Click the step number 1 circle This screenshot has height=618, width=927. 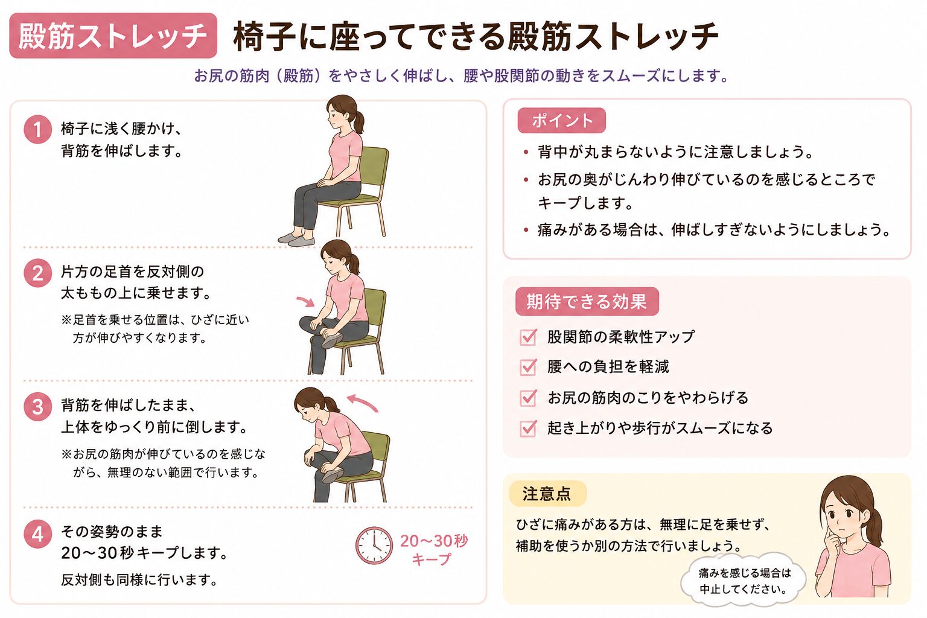click(x=37, y=130)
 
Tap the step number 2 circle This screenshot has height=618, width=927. click(x=37, y=273)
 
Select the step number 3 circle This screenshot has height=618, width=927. click(x=37, y=407)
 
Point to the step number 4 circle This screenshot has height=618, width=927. click(x=37, y=534)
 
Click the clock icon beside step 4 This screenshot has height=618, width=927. click(x=374, y=545)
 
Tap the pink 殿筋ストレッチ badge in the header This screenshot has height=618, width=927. click(x=113, y=36)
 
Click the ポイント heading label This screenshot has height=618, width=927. click(x=562, y=121)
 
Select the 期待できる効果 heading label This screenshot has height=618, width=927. click(x=587, y=301)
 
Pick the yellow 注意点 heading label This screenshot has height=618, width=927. click(x=547, y=494)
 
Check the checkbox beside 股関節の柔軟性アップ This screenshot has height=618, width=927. click(x=528, y=337)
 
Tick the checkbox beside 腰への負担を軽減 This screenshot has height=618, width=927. click(x=528, y=367)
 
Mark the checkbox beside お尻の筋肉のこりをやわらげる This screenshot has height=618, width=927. click(x=528, y=398)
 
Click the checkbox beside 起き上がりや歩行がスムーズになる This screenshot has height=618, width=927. click(x=528, y=428)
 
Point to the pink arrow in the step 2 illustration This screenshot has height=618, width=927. click(x=307, y=301)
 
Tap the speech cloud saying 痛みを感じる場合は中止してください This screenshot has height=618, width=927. click(x=744, y=581)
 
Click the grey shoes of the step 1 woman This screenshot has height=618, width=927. click(x=296, y=239)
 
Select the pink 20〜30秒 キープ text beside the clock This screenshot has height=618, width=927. click(x=433, y=550)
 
